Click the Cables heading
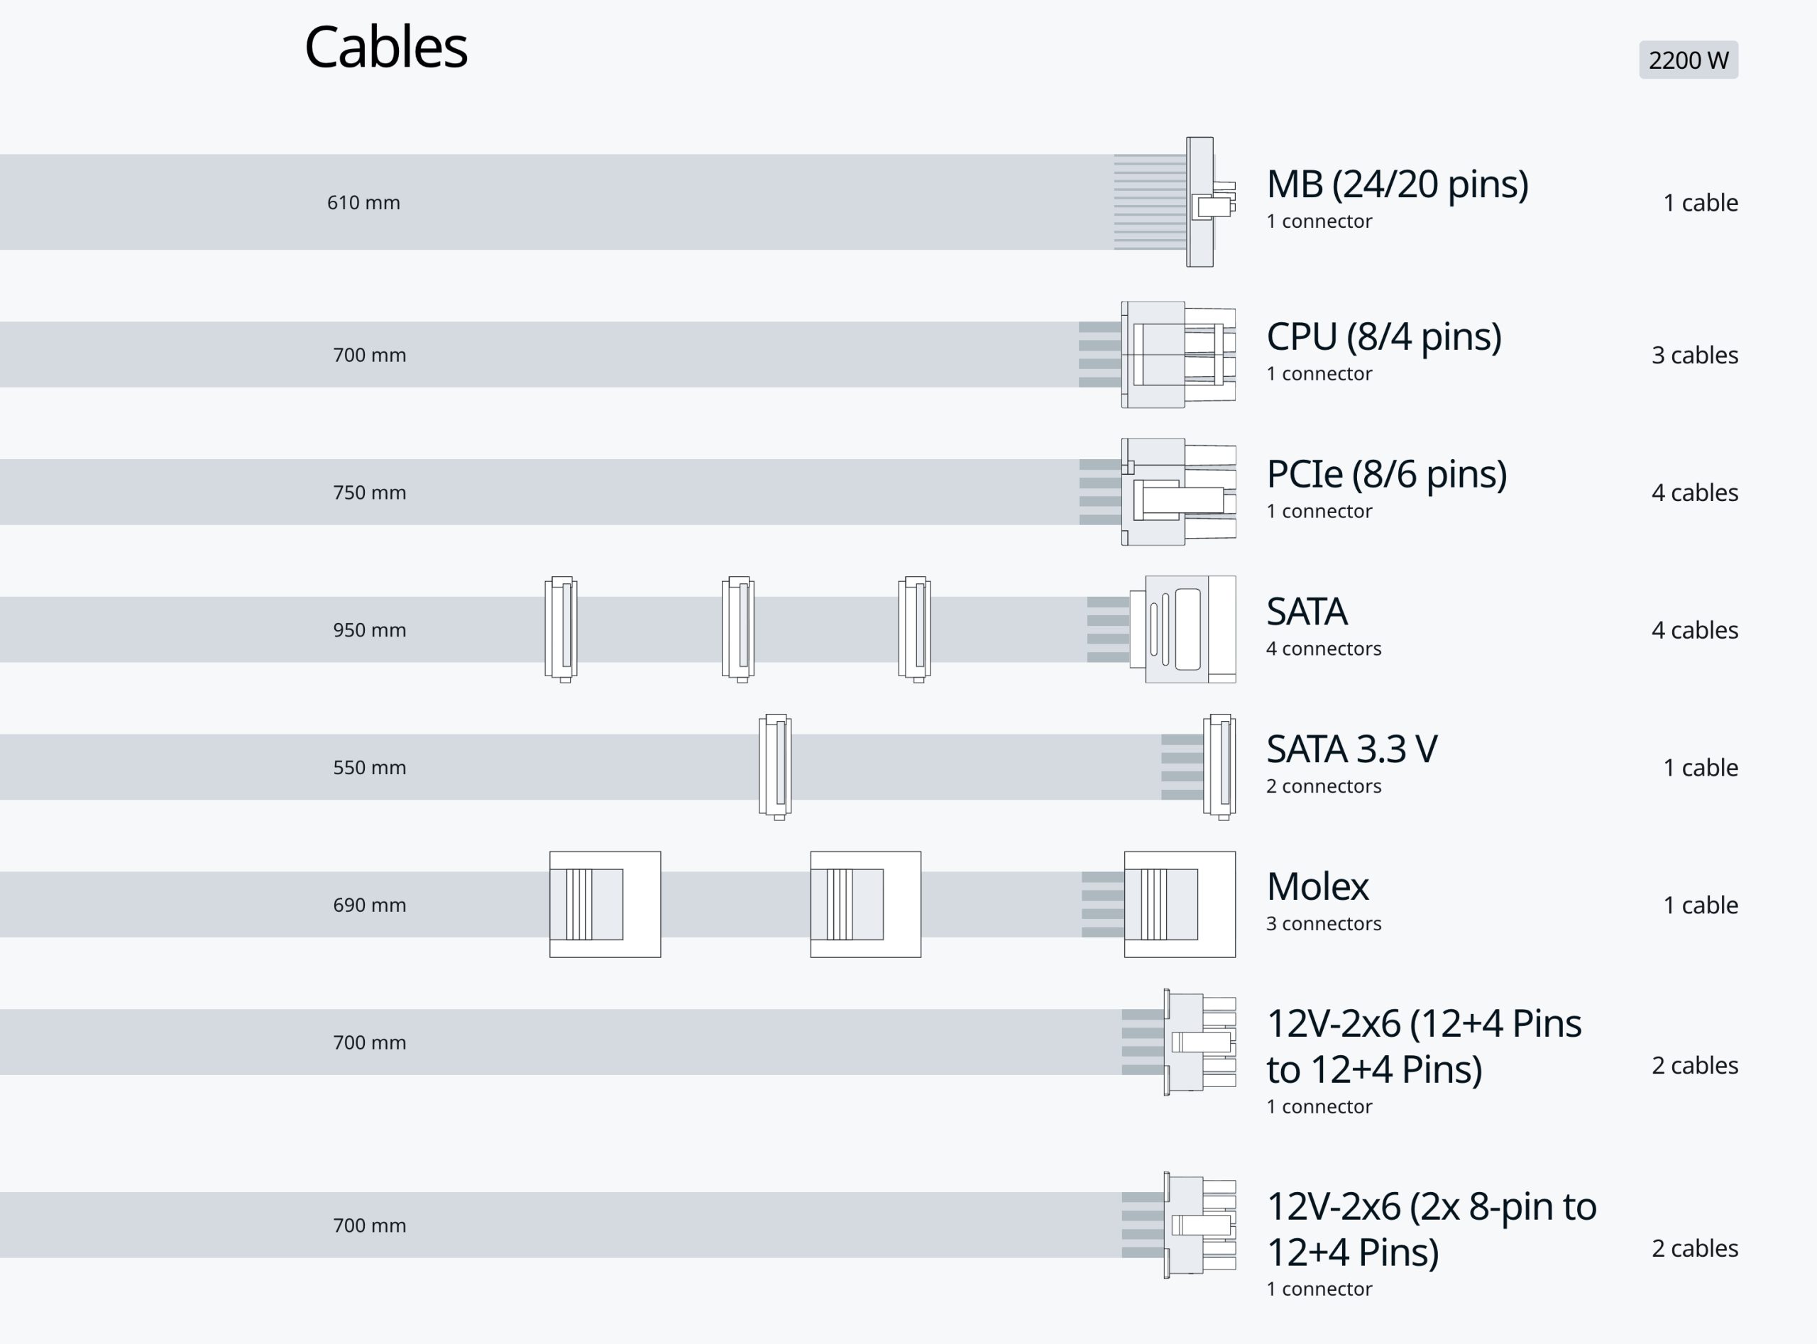(385, 47)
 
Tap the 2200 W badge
(1688, 60)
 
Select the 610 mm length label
(363, 202)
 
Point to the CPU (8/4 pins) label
(1383, 337)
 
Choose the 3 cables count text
(1694, 356)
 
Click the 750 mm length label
(368, 493)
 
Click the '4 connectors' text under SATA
(1323, 649)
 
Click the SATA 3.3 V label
(1351, 749)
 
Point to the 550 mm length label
(368, 768)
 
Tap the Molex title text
(1317, 887)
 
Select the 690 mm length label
(368, 905)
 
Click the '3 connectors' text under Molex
(1323, 924)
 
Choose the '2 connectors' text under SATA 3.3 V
(1323, 787)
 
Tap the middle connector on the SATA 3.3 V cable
(774, 766)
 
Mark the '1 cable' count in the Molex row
(1700, 905)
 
